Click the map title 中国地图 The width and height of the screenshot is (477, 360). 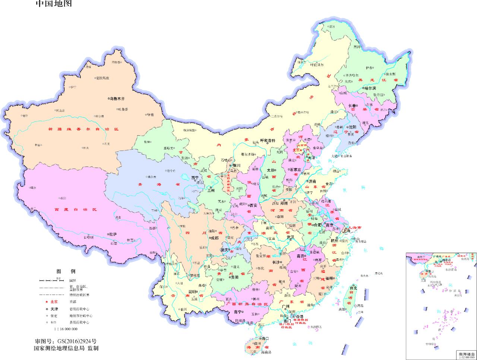click(54, 4)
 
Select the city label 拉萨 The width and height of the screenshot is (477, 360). click(113, 234)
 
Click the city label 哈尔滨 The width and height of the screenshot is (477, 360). click(370, 88)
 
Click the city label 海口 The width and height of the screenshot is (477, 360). click(265, 338)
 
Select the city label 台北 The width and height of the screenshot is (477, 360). click(353, 288)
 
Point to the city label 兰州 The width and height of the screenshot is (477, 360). click(211, 190)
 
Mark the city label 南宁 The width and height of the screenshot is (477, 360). click(238, 312)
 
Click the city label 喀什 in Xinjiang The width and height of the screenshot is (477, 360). click(25, 116)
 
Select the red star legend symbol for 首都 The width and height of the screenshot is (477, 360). click(47, 302)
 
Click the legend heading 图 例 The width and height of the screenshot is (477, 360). click(66, 271)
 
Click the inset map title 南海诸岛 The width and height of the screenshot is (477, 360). click(466, 354)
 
